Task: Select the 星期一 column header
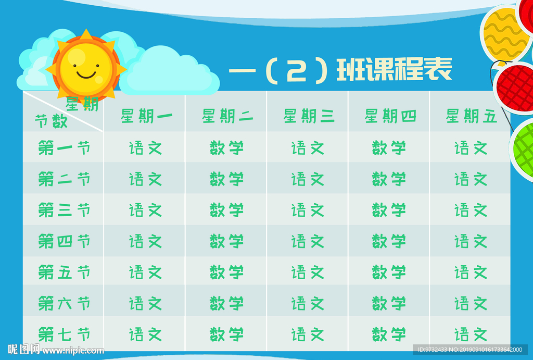146,116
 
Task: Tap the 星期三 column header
309,116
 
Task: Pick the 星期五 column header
471,116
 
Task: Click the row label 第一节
64,148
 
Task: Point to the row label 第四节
64,241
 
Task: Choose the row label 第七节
64,334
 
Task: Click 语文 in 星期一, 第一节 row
146,148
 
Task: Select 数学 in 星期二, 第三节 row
227,210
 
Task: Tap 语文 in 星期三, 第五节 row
308,272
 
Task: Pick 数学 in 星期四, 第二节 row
389,179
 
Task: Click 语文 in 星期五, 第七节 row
471,334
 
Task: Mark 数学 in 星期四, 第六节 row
389,303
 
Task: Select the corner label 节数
51,122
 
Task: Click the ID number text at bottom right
470,350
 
